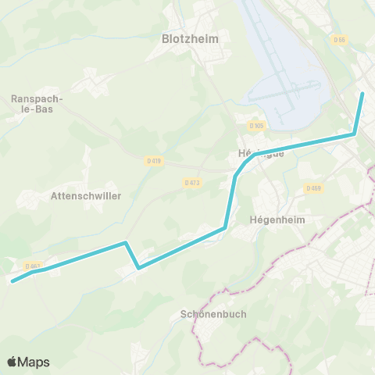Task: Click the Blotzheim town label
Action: click(x=189, y=37)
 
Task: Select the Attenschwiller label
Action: click(x=86, y=196)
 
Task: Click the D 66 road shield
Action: click(x=338, y=40)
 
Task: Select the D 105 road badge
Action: click(x=256, y=126)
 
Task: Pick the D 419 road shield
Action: click(x=154, y=161)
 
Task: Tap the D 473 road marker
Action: click(x=192, y=183)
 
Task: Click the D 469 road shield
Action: click(x=313, y=188)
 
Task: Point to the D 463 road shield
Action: click(x=33, y=266)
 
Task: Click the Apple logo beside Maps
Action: click(x=12, y=362)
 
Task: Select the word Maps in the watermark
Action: click(x=34, y=362)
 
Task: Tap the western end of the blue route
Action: click(x=12, y=281)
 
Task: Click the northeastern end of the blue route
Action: click(x=362, y=95)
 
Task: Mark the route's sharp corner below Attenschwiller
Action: click(x=126, y=243)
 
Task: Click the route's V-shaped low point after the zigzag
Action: click(x=138, y=268)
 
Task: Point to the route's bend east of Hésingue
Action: click(x=355, y=134)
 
